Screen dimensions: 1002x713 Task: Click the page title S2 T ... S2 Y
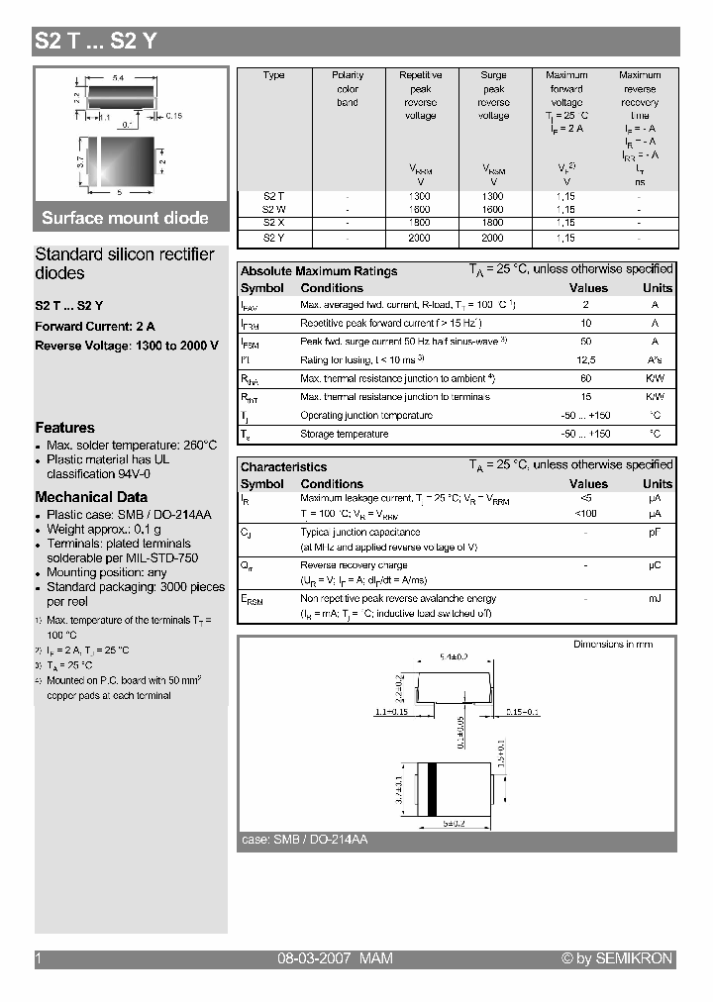coord(95,42)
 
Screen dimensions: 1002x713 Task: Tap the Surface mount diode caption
coord(125,218)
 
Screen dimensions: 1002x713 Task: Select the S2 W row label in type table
coord(273,210)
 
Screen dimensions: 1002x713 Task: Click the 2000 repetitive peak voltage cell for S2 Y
coord(420,239)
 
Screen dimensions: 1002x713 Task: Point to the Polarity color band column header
coord(348,88)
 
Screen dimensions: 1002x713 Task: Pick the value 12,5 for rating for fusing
coord(586,360)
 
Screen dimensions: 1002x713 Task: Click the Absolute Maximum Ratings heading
coord(319,271)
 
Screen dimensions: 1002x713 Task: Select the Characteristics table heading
coord(283,467)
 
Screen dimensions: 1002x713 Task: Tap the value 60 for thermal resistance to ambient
coord(586,379)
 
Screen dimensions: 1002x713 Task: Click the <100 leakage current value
coord(586,515)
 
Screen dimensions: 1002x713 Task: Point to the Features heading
coord(65,428)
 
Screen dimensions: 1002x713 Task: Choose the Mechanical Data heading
coord(91,497)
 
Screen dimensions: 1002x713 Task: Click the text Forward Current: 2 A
coord(95,326)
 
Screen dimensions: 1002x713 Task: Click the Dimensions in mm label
coord(613,645)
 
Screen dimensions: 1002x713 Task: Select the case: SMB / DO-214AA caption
coord(305,840)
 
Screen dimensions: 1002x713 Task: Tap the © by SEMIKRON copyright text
coord(617,958)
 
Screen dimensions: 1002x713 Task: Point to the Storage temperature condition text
coord(345,435)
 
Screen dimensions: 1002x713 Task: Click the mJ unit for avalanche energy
coord(655,599)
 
